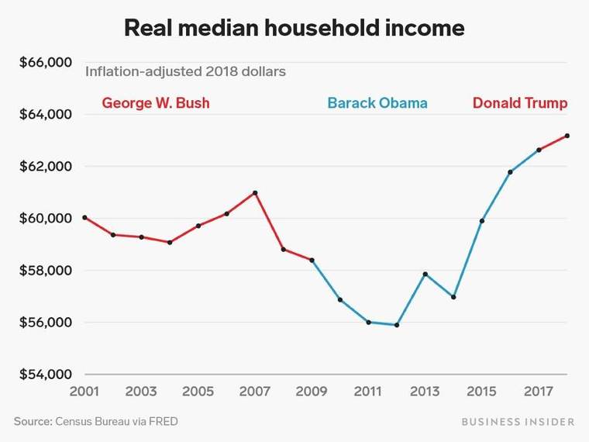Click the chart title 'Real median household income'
click(x=294, y=29)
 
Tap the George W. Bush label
click(x=156, y=102)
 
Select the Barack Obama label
click(x=377, y=102)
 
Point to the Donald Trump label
click(x=520, y=102)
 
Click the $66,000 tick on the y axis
click(x=45, y=62)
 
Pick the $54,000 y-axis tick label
click(x=45, y=375)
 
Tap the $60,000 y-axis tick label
click(x=45, y=219)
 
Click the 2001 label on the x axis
click(x=84, y=391)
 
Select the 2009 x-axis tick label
click(x=312, y=391)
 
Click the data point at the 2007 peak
click(x=255, y=192)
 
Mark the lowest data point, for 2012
click(x=397, y=325)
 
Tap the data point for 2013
click(x=425, y=274)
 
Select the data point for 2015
click(x=482, y=221)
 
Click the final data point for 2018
click(x=567, y=136)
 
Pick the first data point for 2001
click(x=84, y=217)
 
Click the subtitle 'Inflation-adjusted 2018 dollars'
click(x=185, y=71)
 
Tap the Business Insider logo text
click(x=518, y=422)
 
